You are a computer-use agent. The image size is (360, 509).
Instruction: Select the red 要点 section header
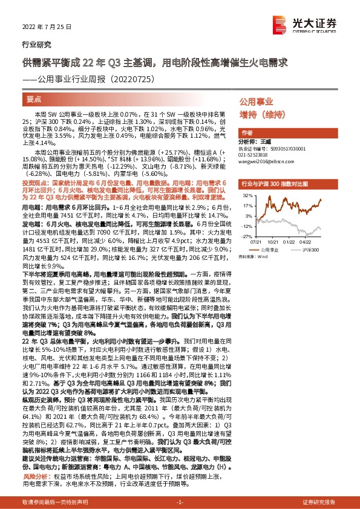[35, 99]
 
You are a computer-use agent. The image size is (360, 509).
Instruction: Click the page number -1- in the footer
[180, 502]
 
